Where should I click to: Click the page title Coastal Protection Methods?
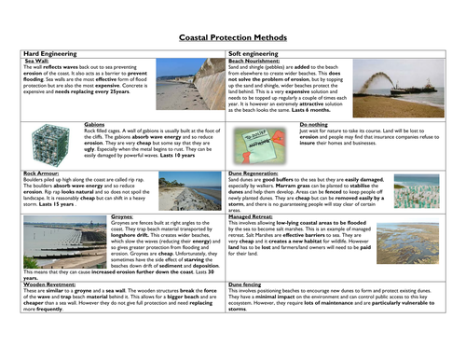(232, 39)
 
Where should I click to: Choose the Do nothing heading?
(313, 122)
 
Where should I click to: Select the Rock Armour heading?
(43, 173)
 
